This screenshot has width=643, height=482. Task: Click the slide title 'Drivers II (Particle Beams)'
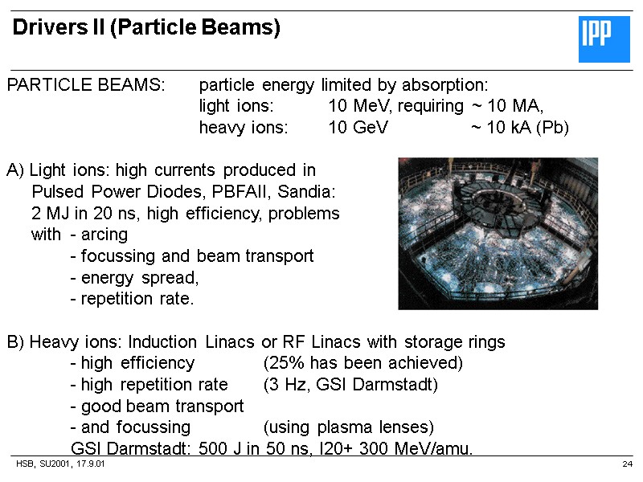[x=146, y=29]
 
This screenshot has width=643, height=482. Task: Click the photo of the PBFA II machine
[x=498, y=233]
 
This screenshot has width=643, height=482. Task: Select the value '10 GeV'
[x=358, y=128]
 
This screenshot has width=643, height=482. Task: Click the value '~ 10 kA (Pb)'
[x=520, y=128]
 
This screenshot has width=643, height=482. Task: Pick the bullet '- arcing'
[x=99, y=235]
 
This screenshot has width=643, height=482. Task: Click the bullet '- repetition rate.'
[x=133, y=299]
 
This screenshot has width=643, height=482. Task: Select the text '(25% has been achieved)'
[x=363, y=363]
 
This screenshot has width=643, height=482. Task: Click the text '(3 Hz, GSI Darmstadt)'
[x=350, y=384]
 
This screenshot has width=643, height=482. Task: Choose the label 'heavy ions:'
[x=244, y=128]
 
